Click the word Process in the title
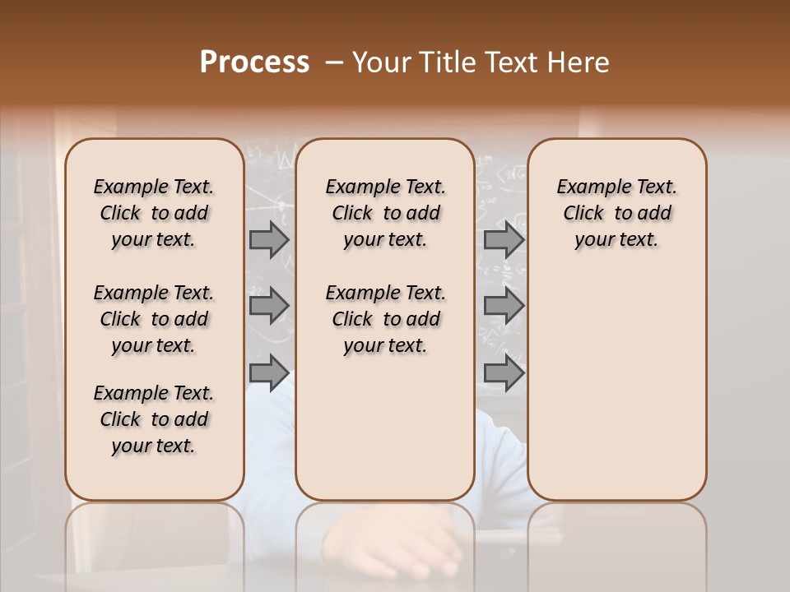pos(254,62)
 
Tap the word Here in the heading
pos(578,62)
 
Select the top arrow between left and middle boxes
pos(269,240)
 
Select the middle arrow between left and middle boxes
pos(269,306)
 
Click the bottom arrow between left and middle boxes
pos(269,372)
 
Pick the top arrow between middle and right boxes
pos(504,240)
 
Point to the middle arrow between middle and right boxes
pos(504,306)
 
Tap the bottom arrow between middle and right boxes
pos(504,372)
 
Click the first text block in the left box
pos(154,213)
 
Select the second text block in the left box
pos(154,319)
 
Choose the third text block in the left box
pos(154,419)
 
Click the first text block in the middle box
pos(385,213)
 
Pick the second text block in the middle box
pos(385,319)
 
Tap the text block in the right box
pos(616,213)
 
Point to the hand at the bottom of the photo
pos(403,547)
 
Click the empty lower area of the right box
pos(616,386)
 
